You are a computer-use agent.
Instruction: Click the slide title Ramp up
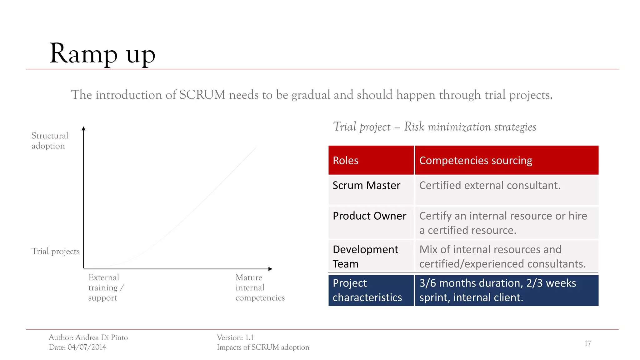tap(102, 54)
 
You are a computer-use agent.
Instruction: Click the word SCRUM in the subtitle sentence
tap(202, 95)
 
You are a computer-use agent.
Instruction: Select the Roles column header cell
tap(371, 160)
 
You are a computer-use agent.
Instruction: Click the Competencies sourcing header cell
tap(506, 160)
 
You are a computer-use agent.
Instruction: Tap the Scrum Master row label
tap(366, 186)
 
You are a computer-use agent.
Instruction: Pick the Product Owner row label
tap(369, 216)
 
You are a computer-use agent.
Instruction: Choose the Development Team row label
tap(365, 257)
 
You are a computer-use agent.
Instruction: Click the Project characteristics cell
tap(367, 290)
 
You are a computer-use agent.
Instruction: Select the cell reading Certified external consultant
tap(490, 186)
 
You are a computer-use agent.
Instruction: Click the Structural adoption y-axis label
tap(50, 141)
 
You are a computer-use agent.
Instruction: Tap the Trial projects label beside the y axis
tap(55, 251)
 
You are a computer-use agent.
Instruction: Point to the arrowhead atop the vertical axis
tap(83, 128)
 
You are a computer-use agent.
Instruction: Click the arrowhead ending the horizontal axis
tap(270, 269)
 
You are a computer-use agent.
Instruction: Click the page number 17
tap(587, 344)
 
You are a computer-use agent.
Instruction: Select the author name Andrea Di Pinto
tap(102, 337)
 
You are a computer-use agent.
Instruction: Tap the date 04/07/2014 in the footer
tap(87, 347)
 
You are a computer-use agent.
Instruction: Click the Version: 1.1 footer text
tap(235, 337)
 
